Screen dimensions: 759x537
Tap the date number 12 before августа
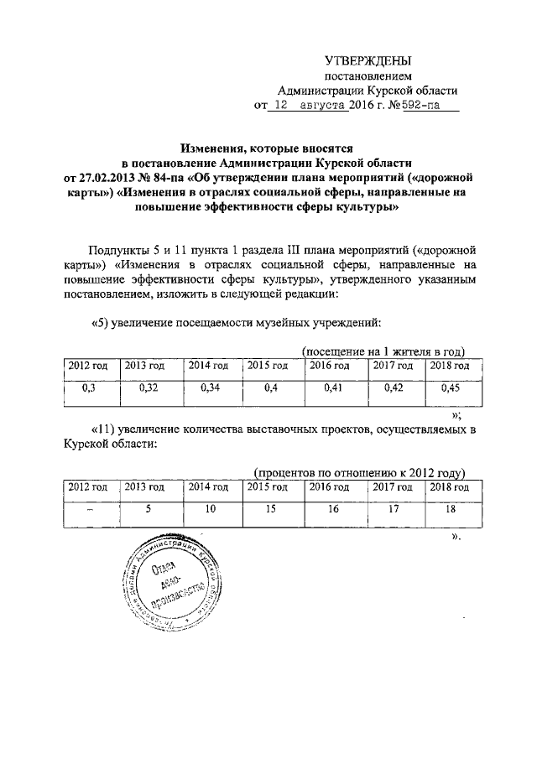click(x=282, y=107)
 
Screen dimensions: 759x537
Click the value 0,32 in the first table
click(x=146, y=388)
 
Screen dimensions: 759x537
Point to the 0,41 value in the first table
click(x=333, y=388)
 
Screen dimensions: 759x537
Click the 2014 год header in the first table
click(x=208, y=365)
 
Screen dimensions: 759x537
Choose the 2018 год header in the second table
click(x=449, y=487)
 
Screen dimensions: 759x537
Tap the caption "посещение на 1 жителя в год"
click(x=383, y=351)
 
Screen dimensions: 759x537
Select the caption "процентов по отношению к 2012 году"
click(x=359, y=473)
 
